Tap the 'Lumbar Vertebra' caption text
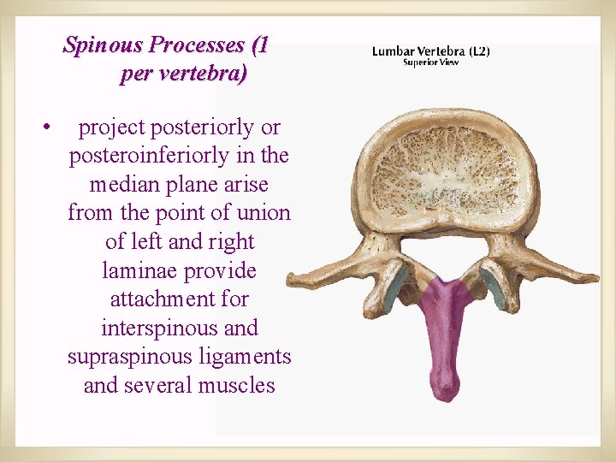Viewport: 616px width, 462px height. (x=418, y=51)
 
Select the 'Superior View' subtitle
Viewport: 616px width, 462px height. (x=430, y=62)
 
